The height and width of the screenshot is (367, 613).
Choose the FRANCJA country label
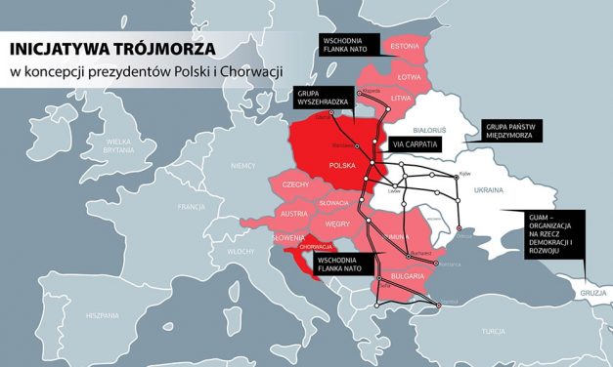(192, 208)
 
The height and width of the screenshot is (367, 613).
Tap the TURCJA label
(493, 332)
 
